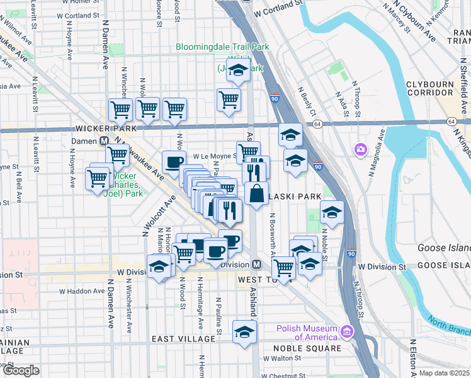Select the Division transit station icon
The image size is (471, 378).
[257, 265]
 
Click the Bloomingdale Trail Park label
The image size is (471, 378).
[222, 47]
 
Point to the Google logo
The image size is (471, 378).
[21, 370]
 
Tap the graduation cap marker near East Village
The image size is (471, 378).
[244, 332]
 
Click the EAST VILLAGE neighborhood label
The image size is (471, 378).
[183, 339]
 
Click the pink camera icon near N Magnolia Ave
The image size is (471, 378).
[360, 149]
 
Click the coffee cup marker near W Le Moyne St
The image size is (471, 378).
[174, 162]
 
